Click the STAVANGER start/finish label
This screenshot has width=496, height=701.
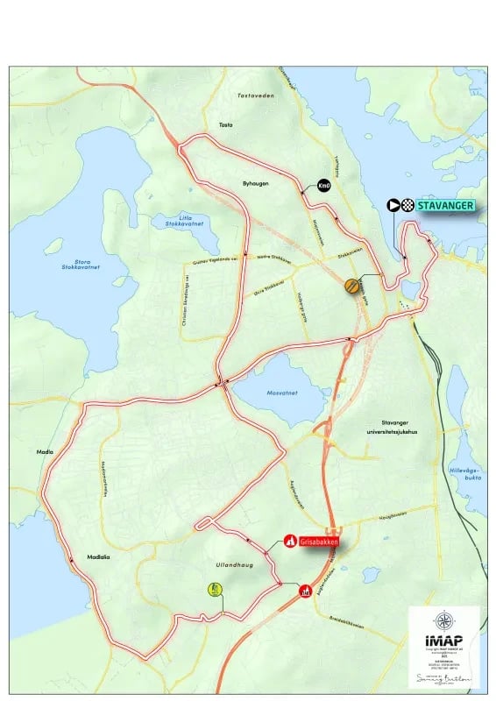(445, 206)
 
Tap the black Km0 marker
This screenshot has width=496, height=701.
(324, 186)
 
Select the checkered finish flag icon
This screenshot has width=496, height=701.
(407, 206)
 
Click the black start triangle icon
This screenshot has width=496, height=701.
(393, 206)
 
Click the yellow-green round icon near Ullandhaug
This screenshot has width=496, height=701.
(215, 590)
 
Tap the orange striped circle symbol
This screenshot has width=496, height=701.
(351, 285)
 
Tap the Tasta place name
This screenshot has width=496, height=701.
(223, 124)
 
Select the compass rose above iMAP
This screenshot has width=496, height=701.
(443, 621)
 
